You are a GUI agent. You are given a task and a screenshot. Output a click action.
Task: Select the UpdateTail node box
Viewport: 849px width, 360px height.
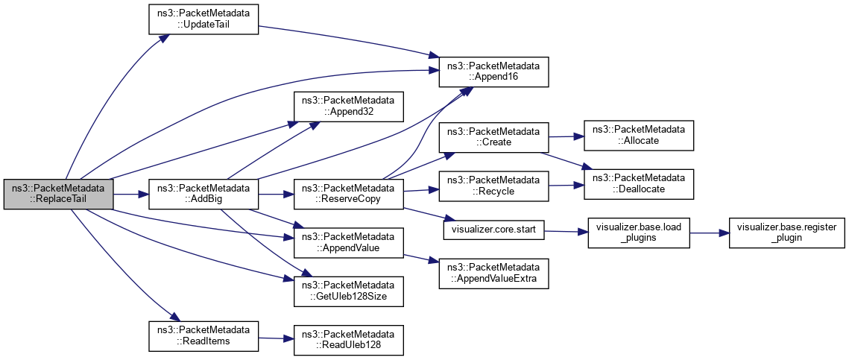203,19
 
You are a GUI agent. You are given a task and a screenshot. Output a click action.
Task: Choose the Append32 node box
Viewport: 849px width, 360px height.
348,106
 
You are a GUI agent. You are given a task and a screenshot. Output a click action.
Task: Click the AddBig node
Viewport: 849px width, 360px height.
203,194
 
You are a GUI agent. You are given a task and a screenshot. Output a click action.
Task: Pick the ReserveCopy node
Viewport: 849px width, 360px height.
348,194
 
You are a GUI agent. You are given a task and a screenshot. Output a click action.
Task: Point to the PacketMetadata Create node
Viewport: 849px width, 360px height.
493,136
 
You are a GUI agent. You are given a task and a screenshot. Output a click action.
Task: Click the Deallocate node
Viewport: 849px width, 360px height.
639,183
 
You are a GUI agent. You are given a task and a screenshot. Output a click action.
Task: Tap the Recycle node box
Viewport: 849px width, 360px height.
493,186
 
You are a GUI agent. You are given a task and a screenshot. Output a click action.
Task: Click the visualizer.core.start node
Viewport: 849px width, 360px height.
493,230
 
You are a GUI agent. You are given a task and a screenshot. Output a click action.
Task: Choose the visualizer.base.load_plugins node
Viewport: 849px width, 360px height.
639,233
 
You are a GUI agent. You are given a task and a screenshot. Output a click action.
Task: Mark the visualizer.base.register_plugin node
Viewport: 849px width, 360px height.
786,233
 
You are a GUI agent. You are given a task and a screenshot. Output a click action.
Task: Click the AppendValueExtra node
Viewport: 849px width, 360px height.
493,274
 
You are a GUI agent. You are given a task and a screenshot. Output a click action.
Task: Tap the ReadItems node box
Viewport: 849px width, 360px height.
203,335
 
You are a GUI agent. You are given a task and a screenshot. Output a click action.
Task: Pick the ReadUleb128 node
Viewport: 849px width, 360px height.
348,339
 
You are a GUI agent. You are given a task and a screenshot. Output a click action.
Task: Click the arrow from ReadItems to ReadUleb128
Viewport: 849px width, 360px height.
276,338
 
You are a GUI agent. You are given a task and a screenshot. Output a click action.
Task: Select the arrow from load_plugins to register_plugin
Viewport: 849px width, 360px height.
709,233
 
